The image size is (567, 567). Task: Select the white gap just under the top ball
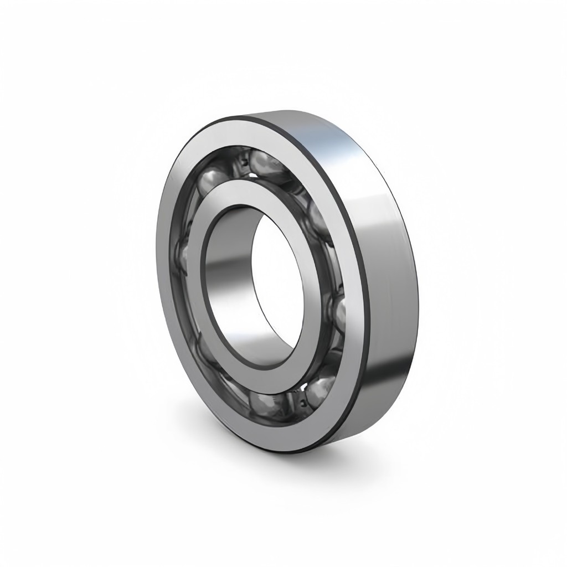click(254, 176)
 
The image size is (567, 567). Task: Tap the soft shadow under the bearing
click(354, 460)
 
